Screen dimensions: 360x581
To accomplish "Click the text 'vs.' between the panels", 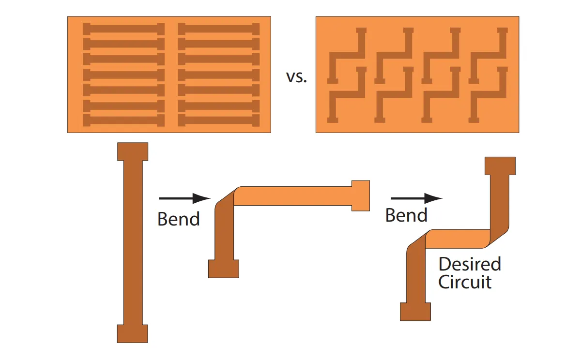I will tap(296, 77).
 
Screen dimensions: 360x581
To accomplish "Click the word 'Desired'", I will tap(469, 264).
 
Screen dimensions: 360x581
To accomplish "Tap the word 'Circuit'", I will tap(465, 282).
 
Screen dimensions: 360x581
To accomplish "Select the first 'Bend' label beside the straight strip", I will tap(179, 219).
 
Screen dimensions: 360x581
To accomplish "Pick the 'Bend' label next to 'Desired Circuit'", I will tap(406, 215).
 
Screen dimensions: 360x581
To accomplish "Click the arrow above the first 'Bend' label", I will tap(184, 198).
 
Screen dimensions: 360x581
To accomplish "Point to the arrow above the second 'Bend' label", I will tap(416, 198).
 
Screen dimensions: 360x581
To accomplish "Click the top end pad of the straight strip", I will tap(133, 151).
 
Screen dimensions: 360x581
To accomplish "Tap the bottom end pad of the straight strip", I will tap(132, 333).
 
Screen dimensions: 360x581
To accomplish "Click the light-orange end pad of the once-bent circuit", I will tap(360, 195).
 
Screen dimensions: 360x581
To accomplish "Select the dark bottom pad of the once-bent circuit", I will tap(224, 269).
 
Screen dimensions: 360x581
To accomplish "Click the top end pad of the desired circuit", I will tap(500, 165).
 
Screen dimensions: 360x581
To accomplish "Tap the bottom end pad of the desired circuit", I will tap(415, 311).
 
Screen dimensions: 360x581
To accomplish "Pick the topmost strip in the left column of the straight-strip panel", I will tap(124, 29).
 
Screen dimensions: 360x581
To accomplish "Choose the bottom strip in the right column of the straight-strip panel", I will tap(219, 120).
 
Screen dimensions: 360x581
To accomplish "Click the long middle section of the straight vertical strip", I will tap(133, 242).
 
